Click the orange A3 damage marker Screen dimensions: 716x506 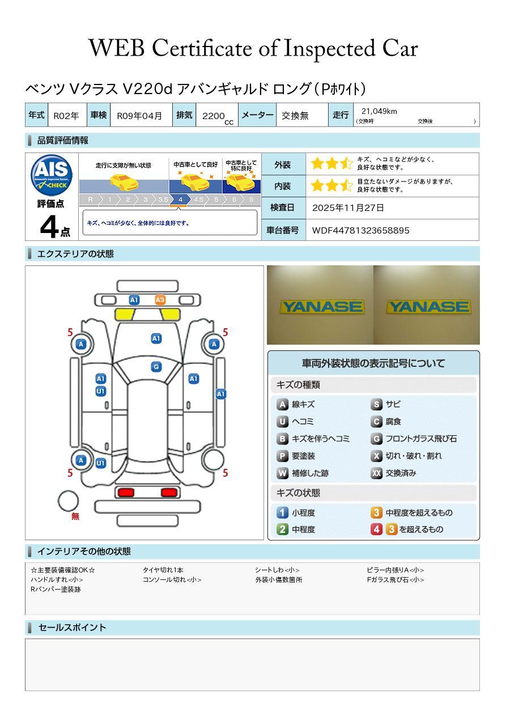[160, 300]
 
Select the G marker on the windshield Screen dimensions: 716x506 [156, 367]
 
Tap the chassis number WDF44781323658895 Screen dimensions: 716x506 [361, 230]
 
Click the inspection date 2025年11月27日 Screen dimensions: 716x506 [348, 207]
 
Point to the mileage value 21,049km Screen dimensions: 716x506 [379, 111]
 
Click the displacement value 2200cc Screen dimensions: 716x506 [218, 116]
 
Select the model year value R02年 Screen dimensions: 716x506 [66, 116]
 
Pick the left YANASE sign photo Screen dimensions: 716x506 [321, 307]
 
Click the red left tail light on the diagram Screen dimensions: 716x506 [125, 492]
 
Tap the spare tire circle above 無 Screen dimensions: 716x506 [69, 501]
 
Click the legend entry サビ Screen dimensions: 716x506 [393, 404]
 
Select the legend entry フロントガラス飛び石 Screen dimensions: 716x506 [421, 439]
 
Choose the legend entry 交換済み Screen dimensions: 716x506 [401, 473]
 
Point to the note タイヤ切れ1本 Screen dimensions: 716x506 [163, 570]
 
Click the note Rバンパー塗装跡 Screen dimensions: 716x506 [56, 589]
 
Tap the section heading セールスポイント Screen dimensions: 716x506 [72, 628]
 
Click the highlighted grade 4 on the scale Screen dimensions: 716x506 [180, 200]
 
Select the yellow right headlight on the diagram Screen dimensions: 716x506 [170, 315]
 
